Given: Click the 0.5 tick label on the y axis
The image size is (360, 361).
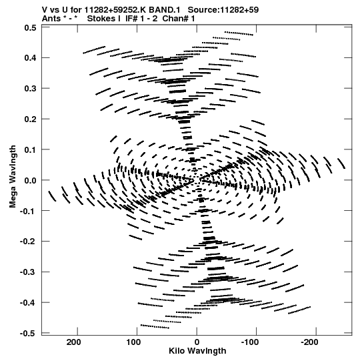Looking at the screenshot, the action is point(31,28).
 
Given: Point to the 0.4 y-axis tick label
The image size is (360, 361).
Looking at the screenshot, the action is point(31,58).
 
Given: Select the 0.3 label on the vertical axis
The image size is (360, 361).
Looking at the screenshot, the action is point(31,89).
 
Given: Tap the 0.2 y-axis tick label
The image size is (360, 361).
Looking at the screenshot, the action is point(31,119).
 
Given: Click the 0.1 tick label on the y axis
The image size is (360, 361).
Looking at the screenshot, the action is point(31,150).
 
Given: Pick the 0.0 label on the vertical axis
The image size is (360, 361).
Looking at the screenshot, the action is point(31,180).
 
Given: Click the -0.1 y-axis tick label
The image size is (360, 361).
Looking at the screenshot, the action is point(28,211).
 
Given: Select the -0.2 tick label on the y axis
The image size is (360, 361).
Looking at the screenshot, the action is point(28,242).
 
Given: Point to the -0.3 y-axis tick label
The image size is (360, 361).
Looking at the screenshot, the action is point(28,272).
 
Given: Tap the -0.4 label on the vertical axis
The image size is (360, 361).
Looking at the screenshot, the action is point(28,303).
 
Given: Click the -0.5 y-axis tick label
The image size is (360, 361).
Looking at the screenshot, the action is point(28,334).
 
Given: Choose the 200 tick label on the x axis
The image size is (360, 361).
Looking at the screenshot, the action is point(73,342).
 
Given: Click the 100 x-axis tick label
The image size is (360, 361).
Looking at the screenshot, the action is point(133,342).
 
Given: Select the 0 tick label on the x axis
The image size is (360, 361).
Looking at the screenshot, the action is point(197,342).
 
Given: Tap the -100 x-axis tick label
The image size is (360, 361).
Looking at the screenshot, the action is point(250,342).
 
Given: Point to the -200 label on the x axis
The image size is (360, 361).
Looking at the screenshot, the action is point(309,342).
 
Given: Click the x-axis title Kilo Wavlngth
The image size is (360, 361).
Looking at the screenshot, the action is point(197,351).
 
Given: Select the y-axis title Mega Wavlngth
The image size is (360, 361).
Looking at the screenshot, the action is point(13,177).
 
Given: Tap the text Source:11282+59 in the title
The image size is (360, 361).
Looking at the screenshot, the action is point(223,10).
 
